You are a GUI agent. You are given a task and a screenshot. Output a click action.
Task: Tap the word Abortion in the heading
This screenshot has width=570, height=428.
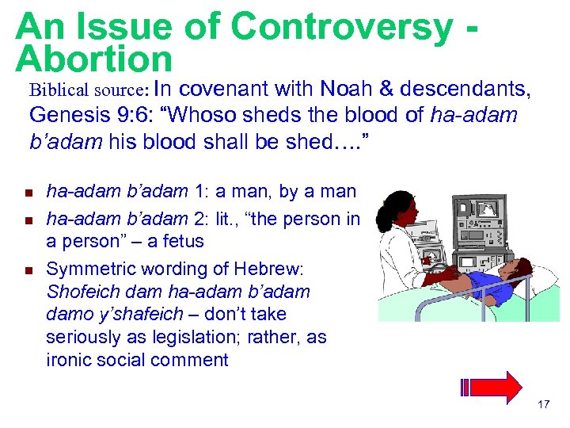pyautogui.click(x=93, y=59)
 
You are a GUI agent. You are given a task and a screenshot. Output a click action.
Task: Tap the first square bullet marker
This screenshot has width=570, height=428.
pyautogui.click(x=26, y=193)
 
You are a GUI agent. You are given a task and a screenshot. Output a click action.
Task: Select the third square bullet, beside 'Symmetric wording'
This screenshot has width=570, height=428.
pyautogui.click(x=26, y=270)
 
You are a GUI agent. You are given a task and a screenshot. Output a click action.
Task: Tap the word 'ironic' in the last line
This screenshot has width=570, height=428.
pyautogui.click(x=67, y=359)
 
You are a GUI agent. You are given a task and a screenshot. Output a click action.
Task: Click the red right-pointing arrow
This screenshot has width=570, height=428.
pyautogui.click(x=499, y=388)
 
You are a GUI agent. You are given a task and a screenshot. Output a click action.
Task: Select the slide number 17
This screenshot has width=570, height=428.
pyautogui.click(x=543, y=405)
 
